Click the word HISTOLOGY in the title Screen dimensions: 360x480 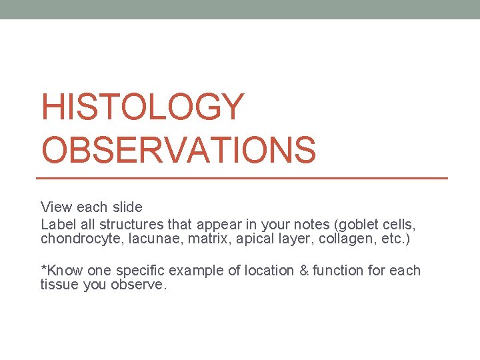point(143,108)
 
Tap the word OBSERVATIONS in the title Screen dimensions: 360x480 point(178,150)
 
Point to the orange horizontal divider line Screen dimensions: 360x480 point(241,178)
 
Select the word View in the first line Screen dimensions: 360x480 point(55,207)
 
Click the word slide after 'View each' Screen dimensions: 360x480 point(127,207)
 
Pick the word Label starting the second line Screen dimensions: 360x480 point(57,225)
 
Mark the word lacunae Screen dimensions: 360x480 point(148,239)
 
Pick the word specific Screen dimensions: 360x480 point(140,271)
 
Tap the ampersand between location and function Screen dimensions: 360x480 point(300,271)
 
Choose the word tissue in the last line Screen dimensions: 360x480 point(58,285)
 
